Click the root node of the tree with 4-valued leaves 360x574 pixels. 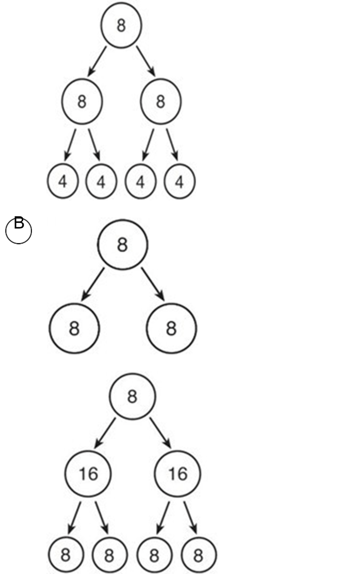tap(121, 25)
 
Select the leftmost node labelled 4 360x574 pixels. tap(62, 181)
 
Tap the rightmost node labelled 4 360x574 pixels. tap(179, 181)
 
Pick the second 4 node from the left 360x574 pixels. tap(101, 181)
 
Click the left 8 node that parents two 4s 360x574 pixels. tap(82, 101)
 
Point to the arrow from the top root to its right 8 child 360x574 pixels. tap(146, 61)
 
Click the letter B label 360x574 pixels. tap(19, 222)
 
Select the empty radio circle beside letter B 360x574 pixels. tap(19, 231)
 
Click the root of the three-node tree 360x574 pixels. tap(122, 244)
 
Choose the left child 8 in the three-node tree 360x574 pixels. tap(74, 328)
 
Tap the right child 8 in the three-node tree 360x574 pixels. tap(172, 328)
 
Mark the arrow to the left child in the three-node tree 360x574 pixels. tap(93, 284)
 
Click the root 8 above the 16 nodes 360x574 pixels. tap(132, 396)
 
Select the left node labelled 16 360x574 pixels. tap(88, 473)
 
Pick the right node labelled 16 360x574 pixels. tap(177, 473)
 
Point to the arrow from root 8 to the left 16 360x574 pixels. tap(105, 433)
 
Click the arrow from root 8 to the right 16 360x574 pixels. tap(160, 433)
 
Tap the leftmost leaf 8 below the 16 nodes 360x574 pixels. tap(66, 555)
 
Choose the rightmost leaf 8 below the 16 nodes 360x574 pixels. tap(199, 555)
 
